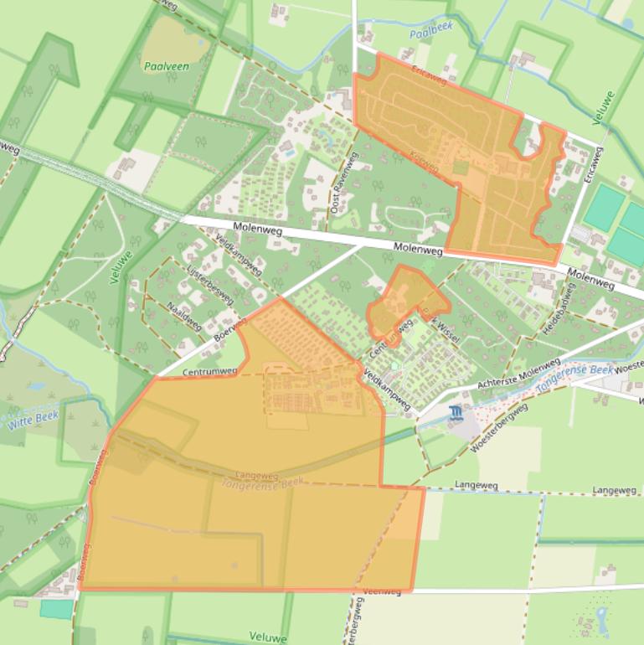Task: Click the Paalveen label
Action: (x=165, y=66)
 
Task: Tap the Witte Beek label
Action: (x=31, y=420)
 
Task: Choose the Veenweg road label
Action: (x=382, y=591)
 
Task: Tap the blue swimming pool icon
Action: (x=455, y=412)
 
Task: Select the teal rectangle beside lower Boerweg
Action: (x=56, y=609)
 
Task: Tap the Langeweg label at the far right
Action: (x=614, y=490)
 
